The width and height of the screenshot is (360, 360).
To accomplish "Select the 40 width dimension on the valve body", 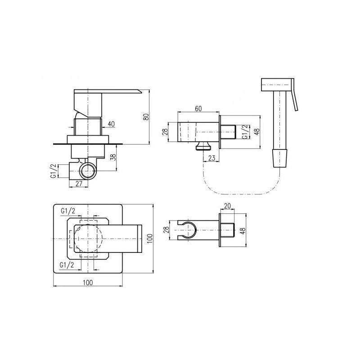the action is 111,124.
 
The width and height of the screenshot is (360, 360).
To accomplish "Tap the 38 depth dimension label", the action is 113,157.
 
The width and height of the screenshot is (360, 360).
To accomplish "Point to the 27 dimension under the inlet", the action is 79,184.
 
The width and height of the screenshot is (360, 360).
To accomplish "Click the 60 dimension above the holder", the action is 198,108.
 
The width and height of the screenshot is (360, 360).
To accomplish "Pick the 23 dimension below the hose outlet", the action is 211,158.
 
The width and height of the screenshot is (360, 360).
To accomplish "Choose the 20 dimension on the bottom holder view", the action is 227,206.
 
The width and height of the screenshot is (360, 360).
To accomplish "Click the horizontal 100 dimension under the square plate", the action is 88,283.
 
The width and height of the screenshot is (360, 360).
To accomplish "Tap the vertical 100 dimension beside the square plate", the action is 150,239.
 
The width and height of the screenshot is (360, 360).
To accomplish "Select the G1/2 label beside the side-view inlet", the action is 53,171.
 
